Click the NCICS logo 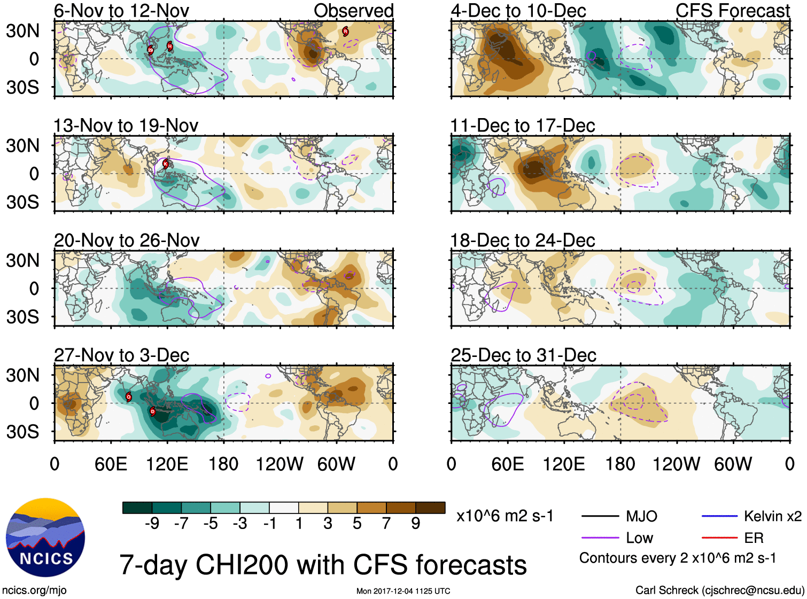45,538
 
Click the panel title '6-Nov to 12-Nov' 121,11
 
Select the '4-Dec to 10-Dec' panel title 518,11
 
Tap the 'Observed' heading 353,11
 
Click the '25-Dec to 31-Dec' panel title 523,355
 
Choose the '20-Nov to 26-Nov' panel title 127,240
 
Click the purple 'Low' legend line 600,538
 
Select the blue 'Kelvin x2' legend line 719,516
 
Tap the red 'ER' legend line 719,538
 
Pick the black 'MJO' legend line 600,516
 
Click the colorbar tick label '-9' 152,524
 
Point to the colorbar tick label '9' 415,524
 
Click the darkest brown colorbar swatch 430,508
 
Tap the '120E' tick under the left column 167,464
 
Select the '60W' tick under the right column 733,464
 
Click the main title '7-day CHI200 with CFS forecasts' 323,565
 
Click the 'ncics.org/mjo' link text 34,590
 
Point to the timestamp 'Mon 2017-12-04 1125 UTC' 403,591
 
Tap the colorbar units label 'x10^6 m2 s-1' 505,516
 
